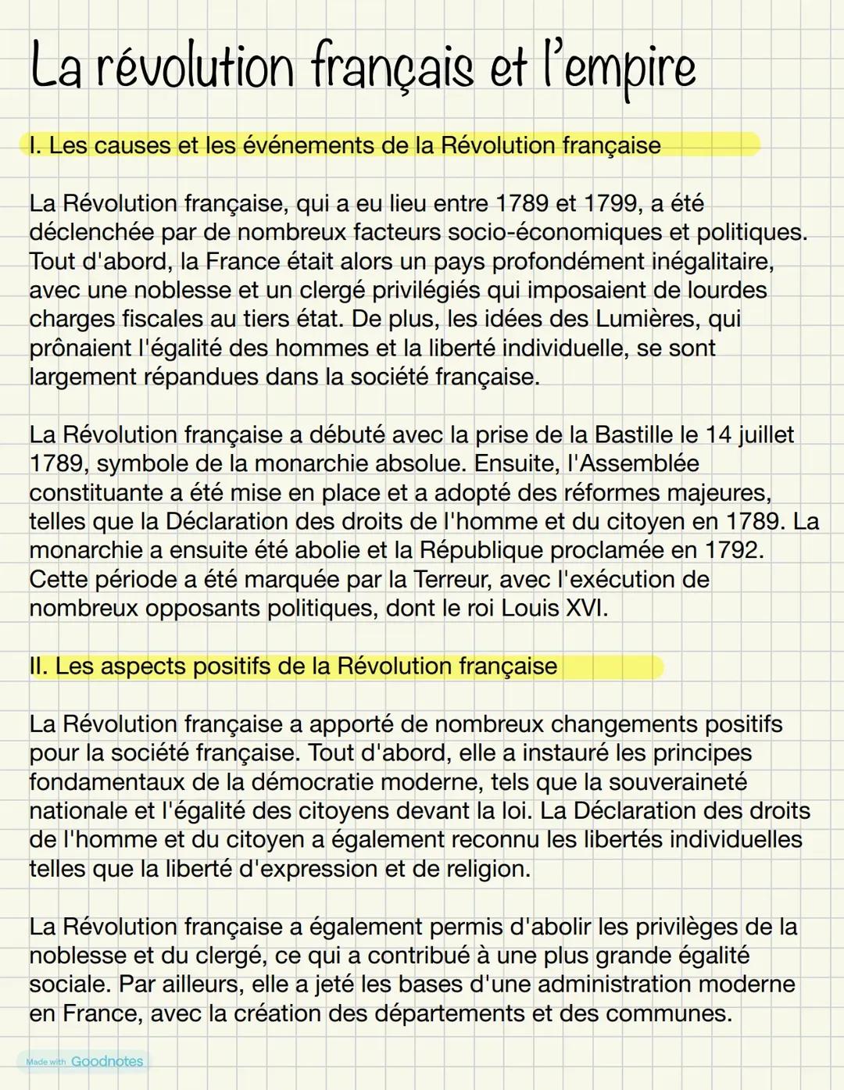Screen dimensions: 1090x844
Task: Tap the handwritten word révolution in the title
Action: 195,69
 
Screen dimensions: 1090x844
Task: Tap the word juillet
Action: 766,435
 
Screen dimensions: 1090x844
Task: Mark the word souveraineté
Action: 678,782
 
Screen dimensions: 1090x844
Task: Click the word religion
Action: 476,869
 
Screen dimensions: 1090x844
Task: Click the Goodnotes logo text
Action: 107,1061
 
